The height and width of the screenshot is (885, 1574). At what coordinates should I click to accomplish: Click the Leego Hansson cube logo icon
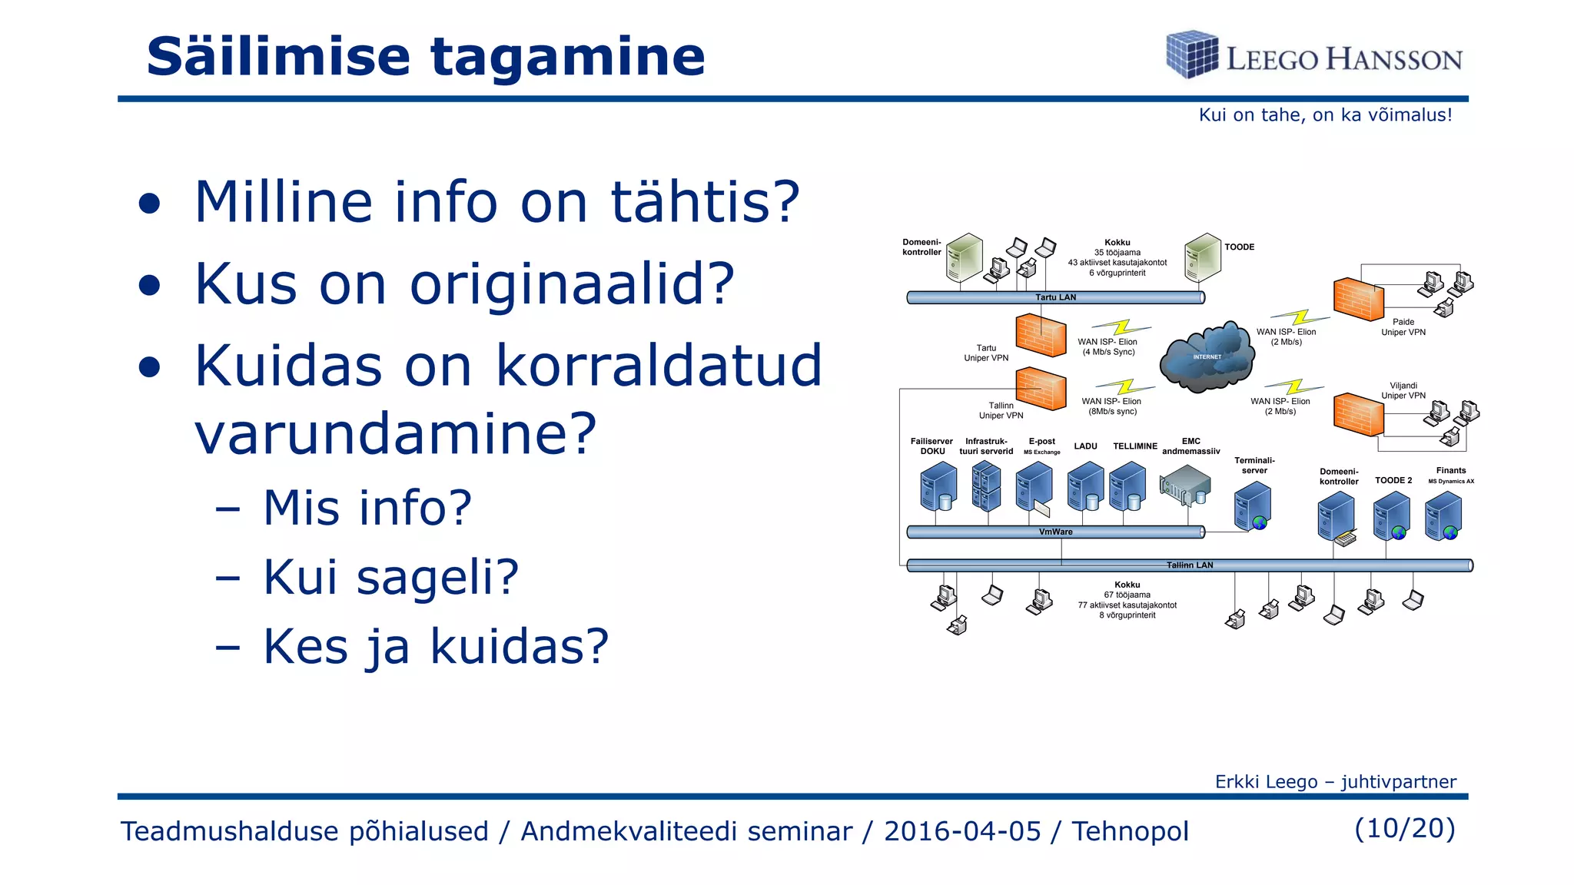[1191, 55]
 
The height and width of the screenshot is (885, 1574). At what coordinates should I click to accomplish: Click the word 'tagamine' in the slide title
[566, 58]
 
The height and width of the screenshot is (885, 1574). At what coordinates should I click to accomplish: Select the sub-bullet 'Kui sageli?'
[390, 577]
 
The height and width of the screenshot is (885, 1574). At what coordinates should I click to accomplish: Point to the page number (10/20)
[1404, 828]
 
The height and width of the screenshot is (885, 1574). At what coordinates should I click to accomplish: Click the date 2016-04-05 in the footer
[961, 831]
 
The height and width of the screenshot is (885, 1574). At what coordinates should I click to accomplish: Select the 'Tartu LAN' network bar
[1055, 297]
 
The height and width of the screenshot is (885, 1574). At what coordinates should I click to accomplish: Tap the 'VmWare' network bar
[1055, 532]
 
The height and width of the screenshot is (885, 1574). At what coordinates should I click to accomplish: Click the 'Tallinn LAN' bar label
[1190, 565]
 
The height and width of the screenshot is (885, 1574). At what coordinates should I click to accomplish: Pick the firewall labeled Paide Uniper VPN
[1358, 299]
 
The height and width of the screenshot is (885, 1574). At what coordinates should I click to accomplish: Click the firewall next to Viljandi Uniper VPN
[1358, 415]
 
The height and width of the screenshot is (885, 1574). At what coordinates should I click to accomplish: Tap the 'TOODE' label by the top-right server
[1239, 247]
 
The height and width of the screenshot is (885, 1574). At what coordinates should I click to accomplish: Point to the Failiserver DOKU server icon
[938, 487]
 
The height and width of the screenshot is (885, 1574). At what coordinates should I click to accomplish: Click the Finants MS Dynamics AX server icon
[1443, 516]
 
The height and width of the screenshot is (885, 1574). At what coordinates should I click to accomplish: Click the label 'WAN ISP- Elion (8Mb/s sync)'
[1111, 406]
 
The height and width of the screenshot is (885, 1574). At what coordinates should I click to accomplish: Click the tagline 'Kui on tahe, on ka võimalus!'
[1325, 115]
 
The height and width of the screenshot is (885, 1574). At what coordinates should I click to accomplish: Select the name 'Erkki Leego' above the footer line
[1266, 782]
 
